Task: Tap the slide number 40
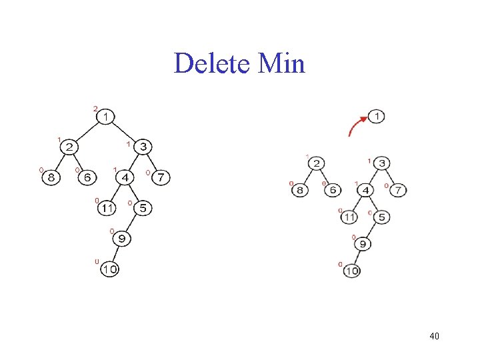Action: (434, 336)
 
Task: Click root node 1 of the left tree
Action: (105, 117)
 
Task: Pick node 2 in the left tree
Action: (70, 147)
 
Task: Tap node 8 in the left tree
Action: (51, 177)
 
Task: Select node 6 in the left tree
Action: (87, 177)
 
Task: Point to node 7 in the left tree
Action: (161, 177)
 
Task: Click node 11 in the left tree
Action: (107, 208)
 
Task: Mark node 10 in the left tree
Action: (109, 269)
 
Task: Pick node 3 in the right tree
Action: (382, 163)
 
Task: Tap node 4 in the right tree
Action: (366, 191)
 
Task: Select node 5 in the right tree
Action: (382, 217)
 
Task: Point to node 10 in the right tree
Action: (351, 271)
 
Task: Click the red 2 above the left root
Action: (95, 108)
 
